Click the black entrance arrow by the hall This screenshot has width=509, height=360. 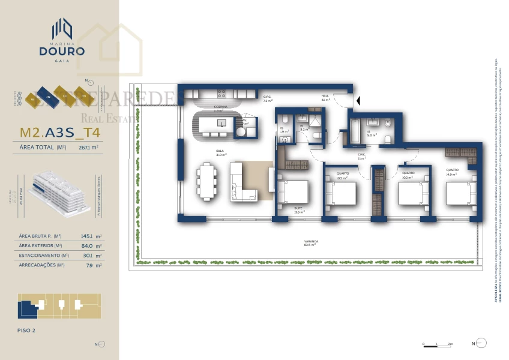click(x=357, y=101)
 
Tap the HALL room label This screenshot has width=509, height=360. click(x=325, y=97)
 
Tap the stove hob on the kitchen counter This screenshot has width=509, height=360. click(x=221, y=94)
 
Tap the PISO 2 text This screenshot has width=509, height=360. click(x=28, y=330)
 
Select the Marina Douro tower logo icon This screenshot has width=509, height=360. click(x=62, y=29)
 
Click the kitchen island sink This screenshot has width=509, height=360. click(x=221, y=123)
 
